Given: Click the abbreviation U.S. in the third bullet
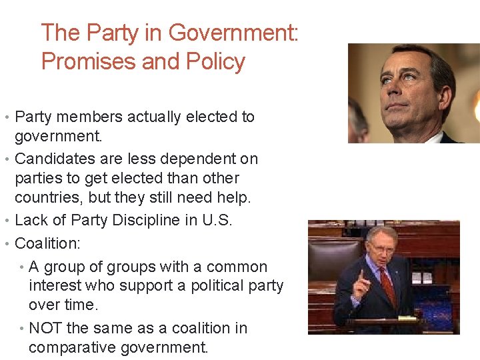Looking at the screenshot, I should [217, 220].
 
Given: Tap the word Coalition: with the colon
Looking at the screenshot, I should [47, 243].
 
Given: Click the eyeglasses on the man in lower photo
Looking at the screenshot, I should [380, 249].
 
